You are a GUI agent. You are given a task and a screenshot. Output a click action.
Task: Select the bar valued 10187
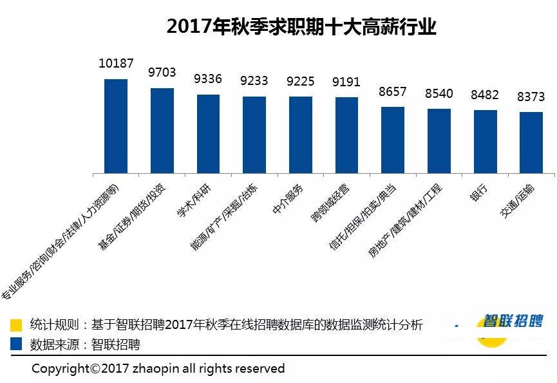[116, 126]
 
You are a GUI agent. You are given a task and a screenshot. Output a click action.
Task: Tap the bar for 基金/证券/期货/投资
[162, 131]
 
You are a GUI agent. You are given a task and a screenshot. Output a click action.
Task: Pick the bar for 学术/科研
[208, 134]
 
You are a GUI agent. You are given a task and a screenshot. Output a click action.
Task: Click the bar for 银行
[486, 142]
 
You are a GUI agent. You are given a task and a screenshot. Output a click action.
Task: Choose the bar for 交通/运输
[531, 142]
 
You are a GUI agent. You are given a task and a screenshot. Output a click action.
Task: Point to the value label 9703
[162, 73]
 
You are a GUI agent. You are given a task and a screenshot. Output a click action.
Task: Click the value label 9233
[254, 81]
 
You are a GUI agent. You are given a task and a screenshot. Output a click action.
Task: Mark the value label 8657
[393, 91]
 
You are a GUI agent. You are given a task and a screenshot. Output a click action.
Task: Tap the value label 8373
[531, 97]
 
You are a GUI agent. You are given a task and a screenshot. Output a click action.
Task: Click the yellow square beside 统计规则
[17, 324]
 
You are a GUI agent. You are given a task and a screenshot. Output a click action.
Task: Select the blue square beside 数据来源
[17, 344]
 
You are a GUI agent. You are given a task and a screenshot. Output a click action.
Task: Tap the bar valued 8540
[439, 141]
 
